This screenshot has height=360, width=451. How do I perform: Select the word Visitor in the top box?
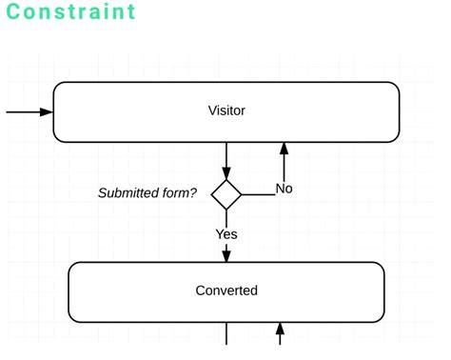click(x=226, y=110)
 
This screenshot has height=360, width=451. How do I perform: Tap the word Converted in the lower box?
click(x=226, y=290)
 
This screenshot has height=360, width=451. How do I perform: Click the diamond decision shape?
click(x=226, y=194)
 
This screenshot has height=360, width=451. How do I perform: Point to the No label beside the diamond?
click(x=284, y=189)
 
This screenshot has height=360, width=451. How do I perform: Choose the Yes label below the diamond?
click(x=226, y=233)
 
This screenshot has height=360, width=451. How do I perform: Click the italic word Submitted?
click(x=131, y=193)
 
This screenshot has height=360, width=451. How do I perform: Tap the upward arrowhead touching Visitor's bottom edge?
click(x=284, y=149)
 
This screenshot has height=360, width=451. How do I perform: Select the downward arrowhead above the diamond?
click(x=226, y=172)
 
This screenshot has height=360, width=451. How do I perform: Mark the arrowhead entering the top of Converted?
click(x=226, y=255)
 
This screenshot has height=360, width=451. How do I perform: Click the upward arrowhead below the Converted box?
click(x=280, y=330)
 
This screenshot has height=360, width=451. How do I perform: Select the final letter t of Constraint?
click(x=130, y=12)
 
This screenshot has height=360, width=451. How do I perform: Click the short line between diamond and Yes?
click(x=226, y=218)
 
